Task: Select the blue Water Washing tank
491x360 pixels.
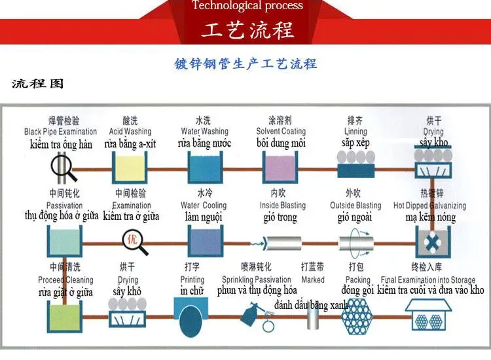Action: [204, 168]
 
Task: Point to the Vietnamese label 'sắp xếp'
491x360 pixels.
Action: [355, 142]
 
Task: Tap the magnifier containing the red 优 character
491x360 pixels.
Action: [132, 240]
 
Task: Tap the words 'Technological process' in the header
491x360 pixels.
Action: [247, 6]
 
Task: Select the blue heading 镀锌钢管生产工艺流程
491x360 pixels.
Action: [245, 63]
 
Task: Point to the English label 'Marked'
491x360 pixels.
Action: [313, 279]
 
